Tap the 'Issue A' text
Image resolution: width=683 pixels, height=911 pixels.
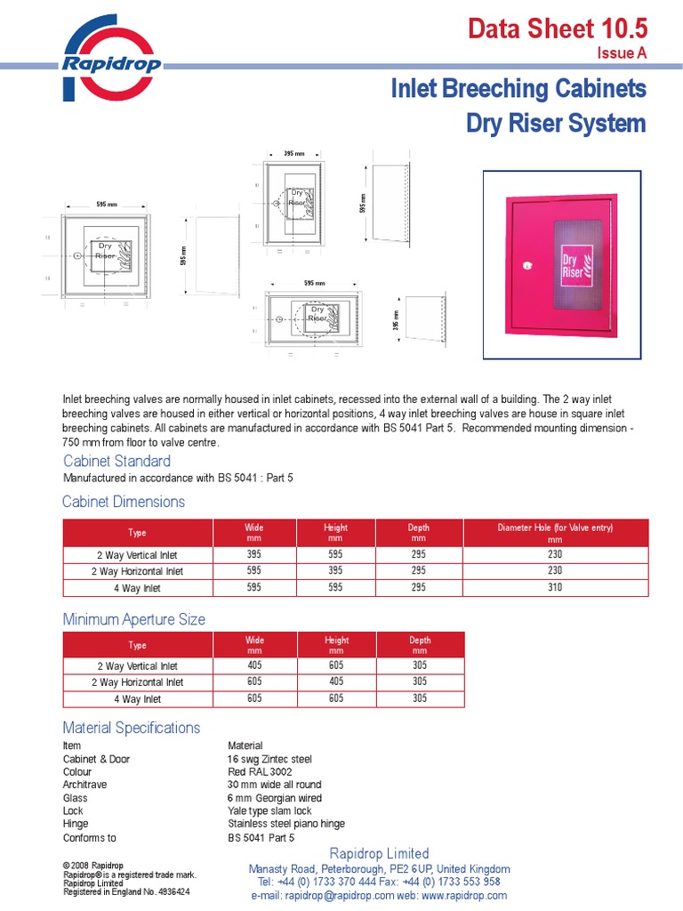click(622, 53)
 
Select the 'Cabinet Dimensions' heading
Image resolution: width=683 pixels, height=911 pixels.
click(124, 502)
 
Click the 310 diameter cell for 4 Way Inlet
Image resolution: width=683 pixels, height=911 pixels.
click(555, 587)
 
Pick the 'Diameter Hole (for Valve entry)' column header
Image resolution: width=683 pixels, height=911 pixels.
click(555, 533)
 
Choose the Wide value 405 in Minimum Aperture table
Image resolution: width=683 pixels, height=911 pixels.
click(254, 665)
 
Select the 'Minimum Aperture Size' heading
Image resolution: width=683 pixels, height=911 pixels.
click(133, 619)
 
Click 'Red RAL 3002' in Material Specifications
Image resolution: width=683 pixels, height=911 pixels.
click(260, 772)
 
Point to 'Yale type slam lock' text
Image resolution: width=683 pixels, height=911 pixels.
click(269, 811)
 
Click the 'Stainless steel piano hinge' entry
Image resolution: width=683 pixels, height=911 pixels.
click(286, 825)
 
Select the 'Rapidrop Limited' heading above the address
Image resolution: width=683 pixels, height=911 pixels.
click(380, 854)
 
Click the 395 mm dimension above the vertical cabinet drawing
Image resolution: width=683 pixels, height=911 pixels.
click(293, 154)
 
